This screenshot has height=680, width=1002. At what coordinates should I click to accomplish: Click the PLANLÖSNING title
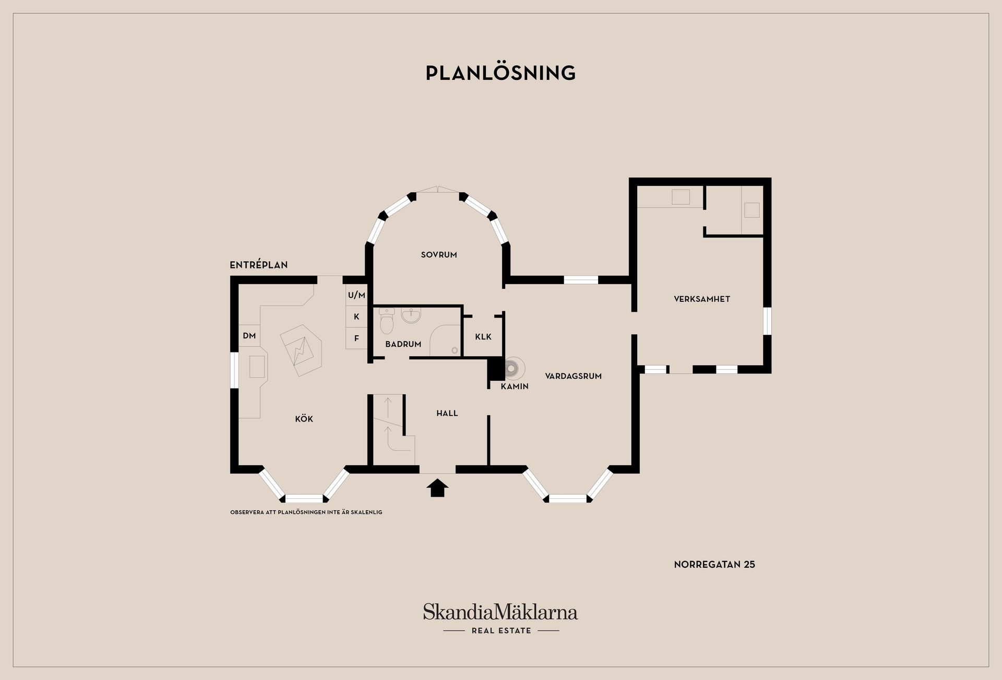[x=500, y=73]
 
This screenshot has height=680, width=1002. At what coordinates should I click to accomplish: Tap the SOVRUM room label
[x=439, y=255]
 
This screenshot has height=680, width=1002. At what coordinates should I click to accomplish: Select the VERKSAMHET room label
[x=702, y=299]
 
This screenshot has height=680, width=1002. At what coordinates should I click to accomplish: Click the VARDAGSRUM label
[x=573, y=376]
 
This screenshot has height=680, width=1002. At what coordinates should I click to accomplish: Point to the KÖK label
[x=304, y=419]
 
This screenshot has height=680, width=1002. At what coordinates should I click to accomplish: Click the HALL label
[x=447, y=413]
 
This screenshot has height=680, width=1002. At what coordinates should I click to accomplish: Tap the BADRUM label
[x=403, y=344]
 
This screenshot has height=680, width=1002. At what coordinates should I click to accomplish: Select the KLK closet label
[x=483, y=337]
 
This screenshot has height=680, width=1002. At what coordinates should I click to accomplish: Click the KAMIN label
[x=515, y=386]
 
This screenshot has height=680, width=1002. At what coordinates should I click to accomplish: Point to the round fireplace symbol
[x=511, y=368]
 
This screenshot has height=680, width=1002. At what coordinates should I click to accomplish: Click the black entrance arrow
[x=437, y=488]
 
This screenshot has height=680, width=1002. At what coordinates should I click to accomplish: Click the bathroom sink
[x=411, y=315]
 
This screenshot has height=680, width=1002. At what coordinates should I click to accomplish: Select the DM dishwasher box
[x=249, y=336]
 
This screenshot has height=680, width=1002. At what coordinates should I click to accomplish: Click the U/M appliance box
[x=356, y=295]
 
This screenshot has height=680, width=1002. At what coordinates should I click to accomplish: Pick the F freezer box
[x=356, y=338]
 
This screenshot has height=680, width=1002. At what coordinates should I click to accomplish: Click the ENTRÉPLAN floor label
[x=259, y=265]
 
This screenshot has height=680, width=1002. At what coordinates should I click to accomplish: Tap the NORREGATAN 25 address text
[x=714, y=565]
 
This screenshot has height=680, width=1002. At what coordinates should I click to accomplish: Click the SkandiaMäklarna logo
[x=500, y=618]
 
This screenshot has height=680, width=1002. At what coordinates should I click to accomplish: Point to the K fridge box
[x=356, y=316]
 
